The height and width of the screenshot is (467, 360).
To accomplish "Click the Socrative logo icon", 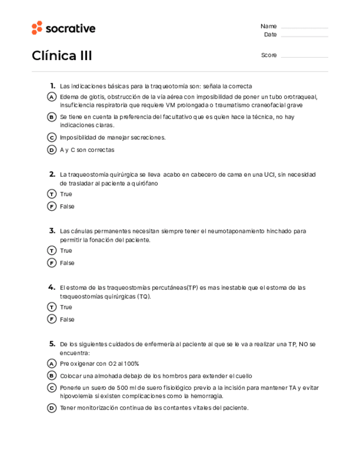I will pos(37,28).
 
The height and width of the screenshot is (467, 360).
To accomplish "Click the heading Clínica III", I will pos(62,56).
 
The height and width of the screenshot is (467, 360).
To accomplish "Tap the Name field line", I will pos(304,27).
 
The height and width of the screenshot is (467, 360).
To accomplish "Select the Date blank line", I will pos(304,36).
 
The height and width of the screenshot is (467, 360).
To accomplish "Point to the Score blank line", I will pos(304,56).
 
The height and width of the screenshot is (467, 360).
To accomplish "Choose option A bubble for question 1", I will pos(52,97).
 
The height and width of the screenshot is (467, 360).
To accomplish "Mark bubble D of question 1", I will pos(52,150).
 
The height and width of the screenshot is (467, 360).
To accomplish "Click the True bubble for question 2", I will pos(52,194).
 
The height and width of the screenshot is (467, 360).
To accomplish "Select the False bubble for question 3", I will pos(52,263).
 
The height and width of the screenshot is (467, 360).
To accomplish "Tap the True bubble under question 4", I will pos(52,307).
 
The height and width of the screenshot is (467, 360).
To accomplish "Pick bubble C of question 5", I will pos(52,388).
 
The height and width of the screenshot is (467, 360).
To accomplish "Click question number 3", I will pos(52,231).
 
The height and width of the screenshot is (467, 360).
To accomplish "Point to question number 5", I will pos(52,344).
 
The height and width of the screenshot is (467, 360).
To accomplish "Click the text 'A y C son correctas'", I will pos(87,150).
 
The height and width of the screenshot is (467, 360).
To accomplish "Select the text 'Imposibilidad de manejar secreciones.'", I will pos(112,137).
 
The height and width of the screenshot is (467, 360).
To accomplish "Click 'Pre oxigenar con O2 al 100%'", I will pos(99,363).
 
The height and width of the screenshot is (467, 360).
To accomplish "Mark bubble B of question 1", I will pos(52,117).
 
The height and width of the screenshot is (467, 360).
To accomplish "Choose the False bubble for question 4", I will pos(52,319).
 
